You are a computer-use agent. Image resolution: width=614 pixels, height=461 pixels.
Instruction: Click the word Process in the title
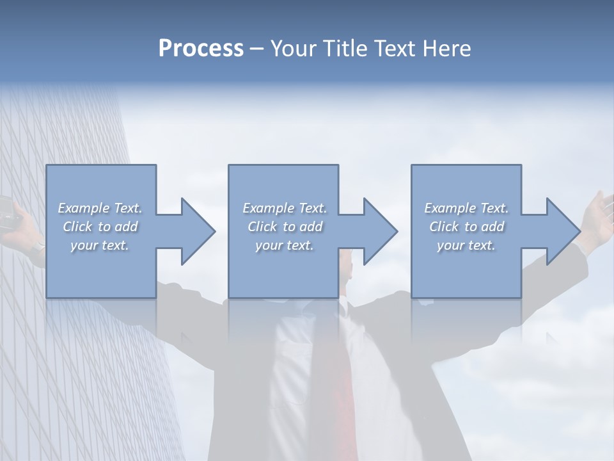point(201,49)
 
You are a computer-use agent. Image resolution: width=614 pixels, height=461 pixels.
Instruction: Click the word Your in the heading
point(293,49)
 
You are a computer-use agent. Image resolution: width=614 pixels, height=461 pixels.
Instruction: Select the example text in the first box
point(100,227)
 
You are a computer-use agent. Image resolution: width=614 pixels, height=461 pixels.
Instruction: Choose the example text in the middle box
point(285,227)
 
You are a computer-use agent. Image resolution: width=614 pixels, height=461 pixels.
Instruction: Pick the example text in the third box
point(466,227)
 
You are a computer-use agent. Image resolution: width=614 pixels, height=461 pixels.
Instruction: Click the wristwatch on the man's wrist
point(40,247)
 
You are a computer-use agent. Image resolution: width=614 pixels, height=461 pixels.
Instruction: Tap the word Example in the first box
point(84,208)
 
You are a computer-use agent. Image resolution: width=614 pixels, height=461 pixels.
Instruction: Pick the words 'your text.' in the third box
point(466,245)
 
